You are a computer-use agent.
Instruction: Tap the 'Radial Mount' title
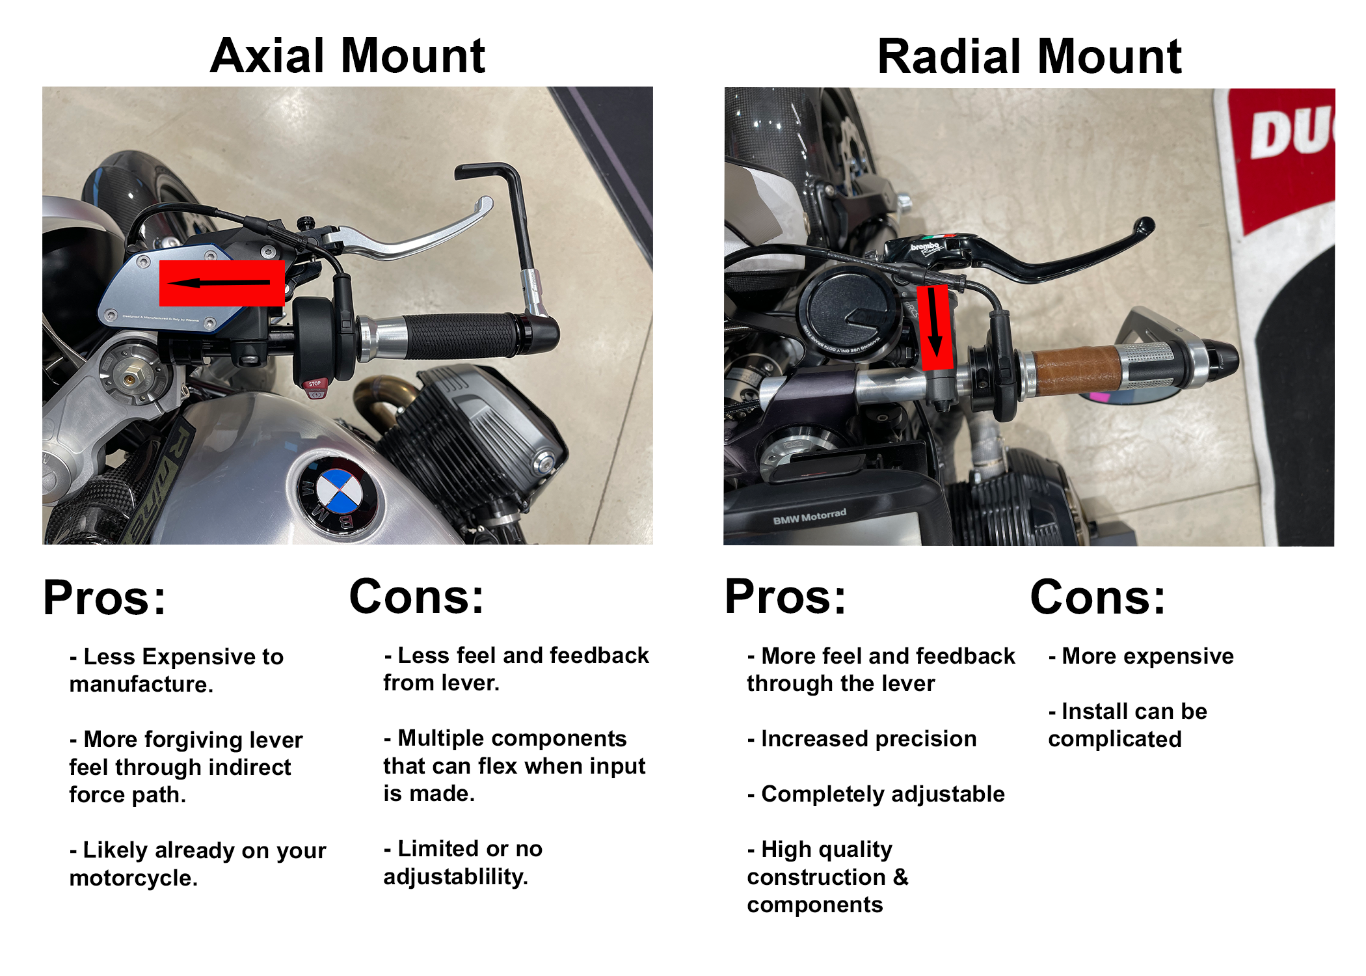click(1029, 57)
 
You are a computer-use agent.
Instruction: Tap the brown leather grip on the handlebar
click(1076, 371)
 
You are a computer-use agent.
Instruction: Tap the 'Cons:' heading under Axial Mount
click(416, 597)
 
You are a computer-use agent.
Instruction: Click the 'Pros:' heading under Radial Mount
click(785, 597)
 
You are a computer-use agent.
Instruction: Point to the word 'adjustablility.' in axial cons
click(455, 877)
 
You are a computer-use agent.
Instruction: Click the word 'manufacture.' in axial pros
click(141, 685)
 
